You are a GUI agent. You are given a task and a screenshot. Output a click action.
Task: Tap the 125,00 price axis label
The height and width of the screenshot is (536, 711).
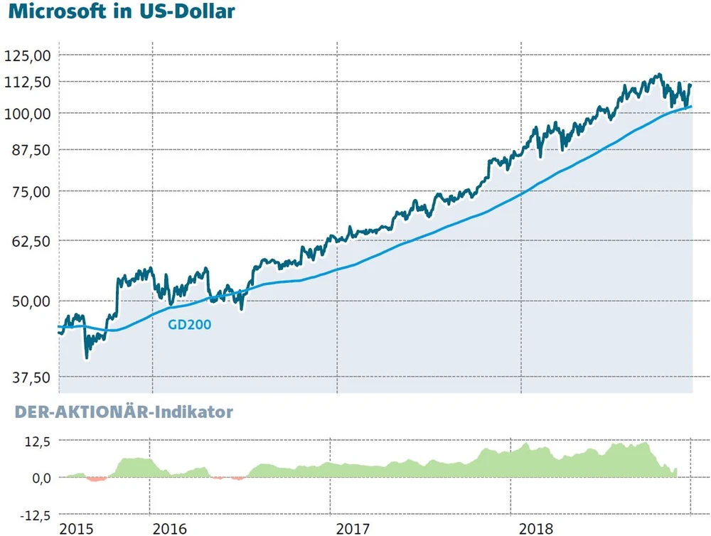[x=27, y=55]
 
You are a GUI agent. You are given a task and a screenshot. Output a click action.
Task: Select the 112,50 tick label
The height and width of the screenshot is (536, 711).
[x=27, y=82]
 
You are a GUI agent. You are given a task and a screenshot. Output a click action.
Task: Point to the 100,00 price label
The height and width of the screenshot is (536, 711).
[x=27, y=113]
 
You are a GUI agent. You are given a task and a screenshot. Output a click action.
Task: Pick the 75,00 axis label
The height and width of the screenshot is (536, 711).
[x=31, y=191]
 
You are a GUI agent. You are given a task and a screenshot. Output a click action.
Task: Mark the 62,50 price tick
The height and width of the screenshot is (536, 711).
[x=31, y=240]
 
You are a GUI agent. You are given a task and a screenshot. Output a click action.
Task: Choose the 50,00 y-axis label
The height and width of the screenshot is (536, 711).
[x=31, y=301]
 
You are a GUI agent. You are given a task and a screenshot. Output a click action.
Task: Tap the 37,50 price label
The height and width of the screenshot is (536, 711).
[x=31, y=377]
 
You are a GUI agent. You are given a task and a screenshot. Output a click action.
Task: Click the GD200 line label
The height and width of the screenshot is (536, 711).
[x=189, y=325]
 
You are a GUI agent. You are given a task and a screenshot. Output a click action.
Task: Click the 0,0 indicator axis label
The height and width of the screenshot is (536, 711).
[x=39, y=478]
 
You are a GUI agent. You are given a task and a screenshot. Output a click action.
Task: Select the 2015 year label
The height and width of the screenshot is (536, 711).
[x=77, y=529]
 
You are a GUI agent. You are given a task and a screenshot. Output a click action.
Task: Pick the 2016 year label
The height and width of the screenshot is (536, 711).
[x=169, y=529]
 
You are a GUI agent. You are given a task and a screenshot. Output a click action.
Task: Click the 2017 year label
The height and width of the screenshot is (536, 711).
[x=353, y=529]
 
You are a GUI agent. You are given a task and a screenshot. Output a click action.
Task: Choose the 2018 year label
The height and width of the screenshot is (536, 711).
[x=538, y=529]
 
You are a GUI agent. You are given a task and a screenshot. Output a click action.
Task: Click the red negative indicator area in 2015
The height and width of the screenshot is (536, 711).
[x=96, y=479]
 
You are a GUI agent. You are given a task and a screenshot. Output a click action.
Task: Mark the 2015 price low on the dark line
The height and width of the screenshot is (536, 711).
[x=86, y=357]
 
